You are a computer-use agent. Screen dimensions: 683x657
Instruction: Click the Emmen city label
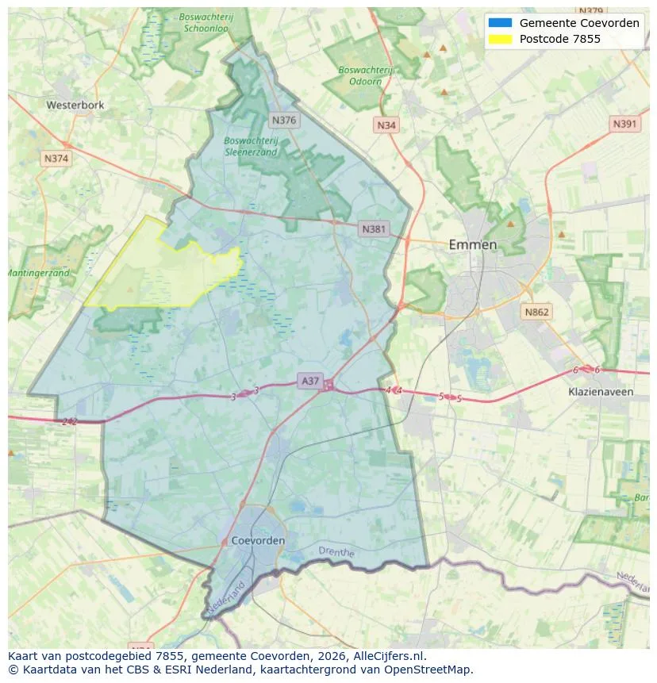tap(473, 244)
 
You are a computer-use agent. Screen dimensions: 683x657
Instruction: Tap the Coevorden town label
tap(259, 540)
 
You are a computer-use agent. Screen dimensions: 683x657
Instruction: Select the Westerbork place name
tap(75, 105)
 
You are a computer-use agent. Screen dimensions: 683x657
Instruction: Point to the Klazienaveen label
tap(601, 392)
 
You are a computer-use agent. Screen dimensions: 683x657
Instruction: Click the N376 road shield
tap(283, 121)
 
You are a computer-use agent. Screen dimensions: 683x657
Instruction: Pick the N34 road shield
tap(386, 125)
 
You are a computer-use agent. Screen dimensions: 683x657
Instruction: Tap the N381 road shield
tap(374, 229)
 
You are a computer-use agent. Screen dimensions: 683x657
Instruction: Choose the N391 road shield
tap(625, 124)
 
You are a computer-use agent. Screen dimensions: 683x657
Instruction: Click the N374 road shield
tap(56, 159)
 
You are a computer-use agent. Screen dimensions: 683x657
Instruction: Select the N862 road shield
tap(536, 312)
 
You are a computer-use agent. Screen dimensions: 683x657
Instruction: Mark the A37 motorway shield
tap(310, 382)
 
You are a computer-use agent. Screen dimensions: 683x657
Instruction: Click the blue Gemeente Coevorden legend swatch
tap(501, 23)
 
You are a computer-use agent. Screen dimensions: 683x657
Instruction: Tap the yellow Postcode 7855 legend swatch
tap(501, 39)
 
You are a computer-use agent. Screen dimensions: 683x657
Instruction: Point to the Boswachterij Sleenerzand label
tap(251, 145)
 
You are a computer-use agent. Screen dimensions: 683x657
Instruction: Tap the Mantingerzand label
tap(38, 273)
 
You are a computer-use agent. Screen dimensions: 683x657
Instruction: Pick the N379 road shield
tap(591, 11)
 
